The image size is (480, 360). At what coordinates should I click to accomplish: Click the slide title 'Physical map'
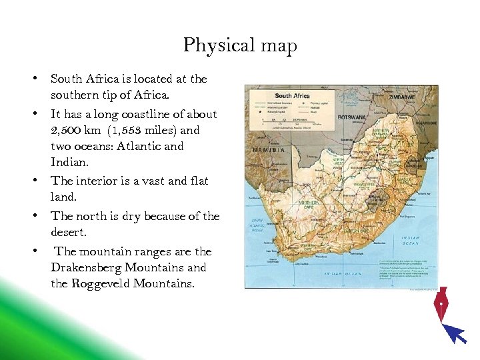(x=240, y=46)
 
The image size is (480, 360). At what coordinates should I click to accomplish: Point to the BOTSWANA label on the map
(x=353, y=117)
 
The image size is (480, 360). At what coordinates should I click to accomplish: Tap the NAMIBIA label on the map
(x=268, y=150)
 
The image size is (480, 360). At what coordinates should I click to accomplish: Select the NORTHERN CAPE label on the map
(x=309, y=205)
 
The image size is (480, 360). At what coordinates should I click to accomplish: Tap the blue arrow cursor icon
(x=455, y=332)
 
